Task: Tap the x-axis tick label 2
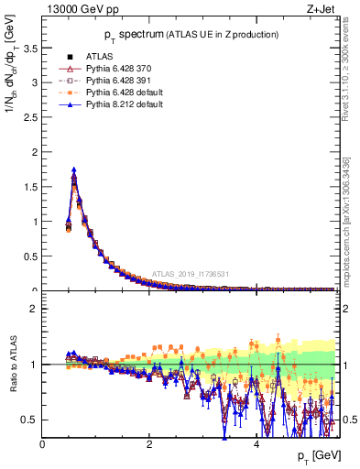[149, 444]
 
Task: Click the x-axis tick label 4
[256, 444]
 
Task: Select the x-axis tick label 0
[43, 444]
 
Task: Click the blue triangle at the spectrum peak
[73, 169]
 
